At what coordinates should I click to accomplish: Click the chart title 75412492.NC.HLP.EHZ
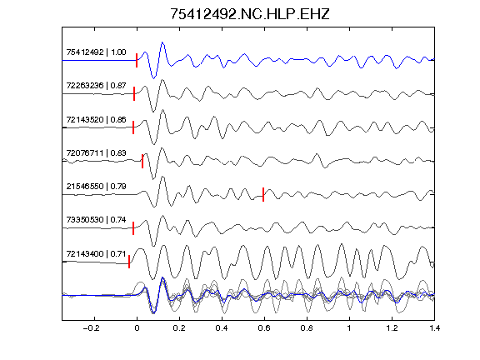pos(249,14)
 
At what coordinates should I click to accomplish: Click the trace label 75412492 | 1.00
pos(96,52)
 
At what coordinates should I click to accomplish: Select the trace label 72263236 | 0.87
pos(96,85)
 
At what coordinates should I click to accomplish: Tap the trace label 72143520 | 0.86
pos(96,119)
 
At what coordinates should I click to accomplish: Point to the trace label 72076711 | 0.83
pos(96,152)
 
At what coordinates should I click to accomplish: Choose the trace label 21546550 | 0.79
pos(96,186)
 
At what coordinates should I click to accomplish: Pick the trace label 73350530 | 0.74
pos(96,219)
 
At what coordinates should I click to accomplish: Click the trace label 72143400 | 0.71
pos(96,254)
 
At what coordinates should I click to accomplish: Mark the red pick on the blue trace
pos(137,60)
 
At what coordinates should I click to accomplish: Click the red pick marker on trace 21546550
pos(263,194)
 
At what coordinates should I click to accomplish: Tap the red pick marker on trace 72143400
pos(129,262)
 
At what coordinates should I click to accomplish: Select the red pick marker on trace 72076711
pos(142,161)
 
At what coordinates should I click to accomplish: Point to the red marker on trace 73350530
pos(133,228)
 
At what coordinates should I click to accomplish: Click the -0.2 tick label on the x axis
pos(92,328)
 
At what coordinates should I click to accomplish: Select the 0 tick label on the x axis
pos(137,328)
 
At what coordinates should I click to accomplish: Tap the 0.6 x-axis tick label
pos(264,328)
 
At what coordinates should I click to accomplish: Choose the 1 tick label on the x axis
pos(349,328)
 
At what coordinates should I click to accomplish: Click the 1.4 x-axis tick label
pos(434,328)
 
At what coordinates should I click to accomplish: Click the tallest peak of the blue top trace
pos(162,42)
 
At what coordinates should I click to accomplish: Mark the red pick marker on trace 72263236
pos(134,93)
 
